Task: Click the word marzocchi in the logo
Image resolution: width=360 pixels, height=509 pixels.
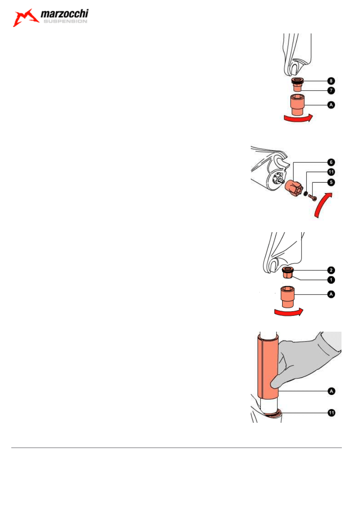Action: [65, 15]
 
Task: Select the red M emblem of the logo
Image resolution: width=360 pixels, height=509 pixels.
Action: [26, 18]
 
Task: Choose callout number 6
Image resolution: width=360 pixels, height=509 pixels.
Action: [331, 162]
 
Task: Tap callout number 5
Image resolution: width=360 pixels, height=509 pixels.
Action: [331, 182]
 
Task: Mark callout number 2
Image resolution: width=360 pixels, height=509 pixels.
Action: [331, 270]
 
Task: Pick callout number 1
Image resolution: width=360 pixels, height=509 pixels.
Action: [331, 279]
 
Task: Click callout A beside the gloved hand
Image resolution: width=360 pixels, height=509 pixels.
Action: [331, 391]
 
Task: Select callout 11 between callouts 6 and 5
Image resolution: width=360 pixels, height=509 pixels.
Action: [331, 172]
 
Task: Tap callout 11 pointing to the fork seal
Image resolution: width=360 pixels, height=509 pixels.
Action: [331, 413]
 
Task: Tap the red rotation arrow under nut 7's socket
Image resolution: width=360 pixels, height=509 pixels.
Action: [297, 118]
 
